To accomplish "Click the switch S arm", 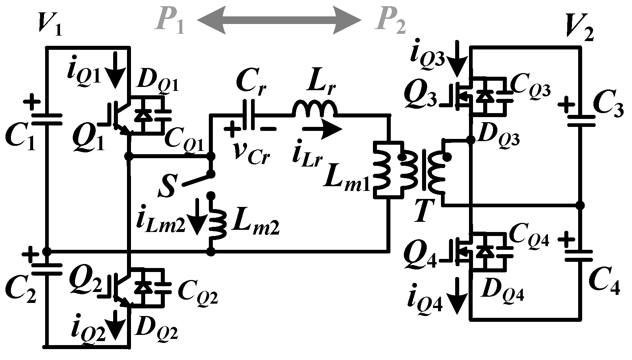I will [196, 179].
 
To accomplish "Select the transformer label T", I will [423, 211].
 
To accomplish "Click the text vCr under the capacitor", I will [251, 153].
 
